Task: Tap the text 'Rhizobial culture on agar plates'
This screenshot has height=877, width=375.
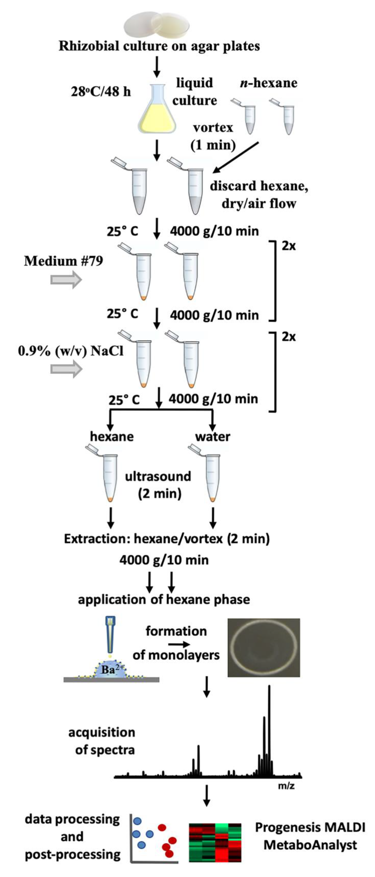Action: point(159,46)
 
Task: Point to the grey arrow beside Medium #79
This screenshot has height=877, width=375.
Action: point(66,280)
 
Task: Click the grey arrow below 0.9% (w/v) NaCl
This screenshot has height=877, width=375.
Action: point(66,369)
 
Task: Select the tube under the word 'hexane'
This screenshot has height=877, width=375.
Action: point(109,477)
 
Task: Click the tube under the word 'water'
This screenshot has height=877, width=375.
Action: point(212,477)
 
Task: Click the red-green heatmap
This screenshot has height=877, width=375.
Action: point(215,843)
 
